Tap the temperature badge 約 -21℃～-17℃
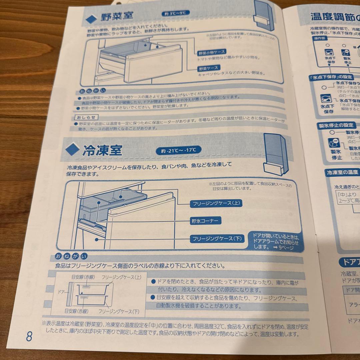point(178,150)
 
